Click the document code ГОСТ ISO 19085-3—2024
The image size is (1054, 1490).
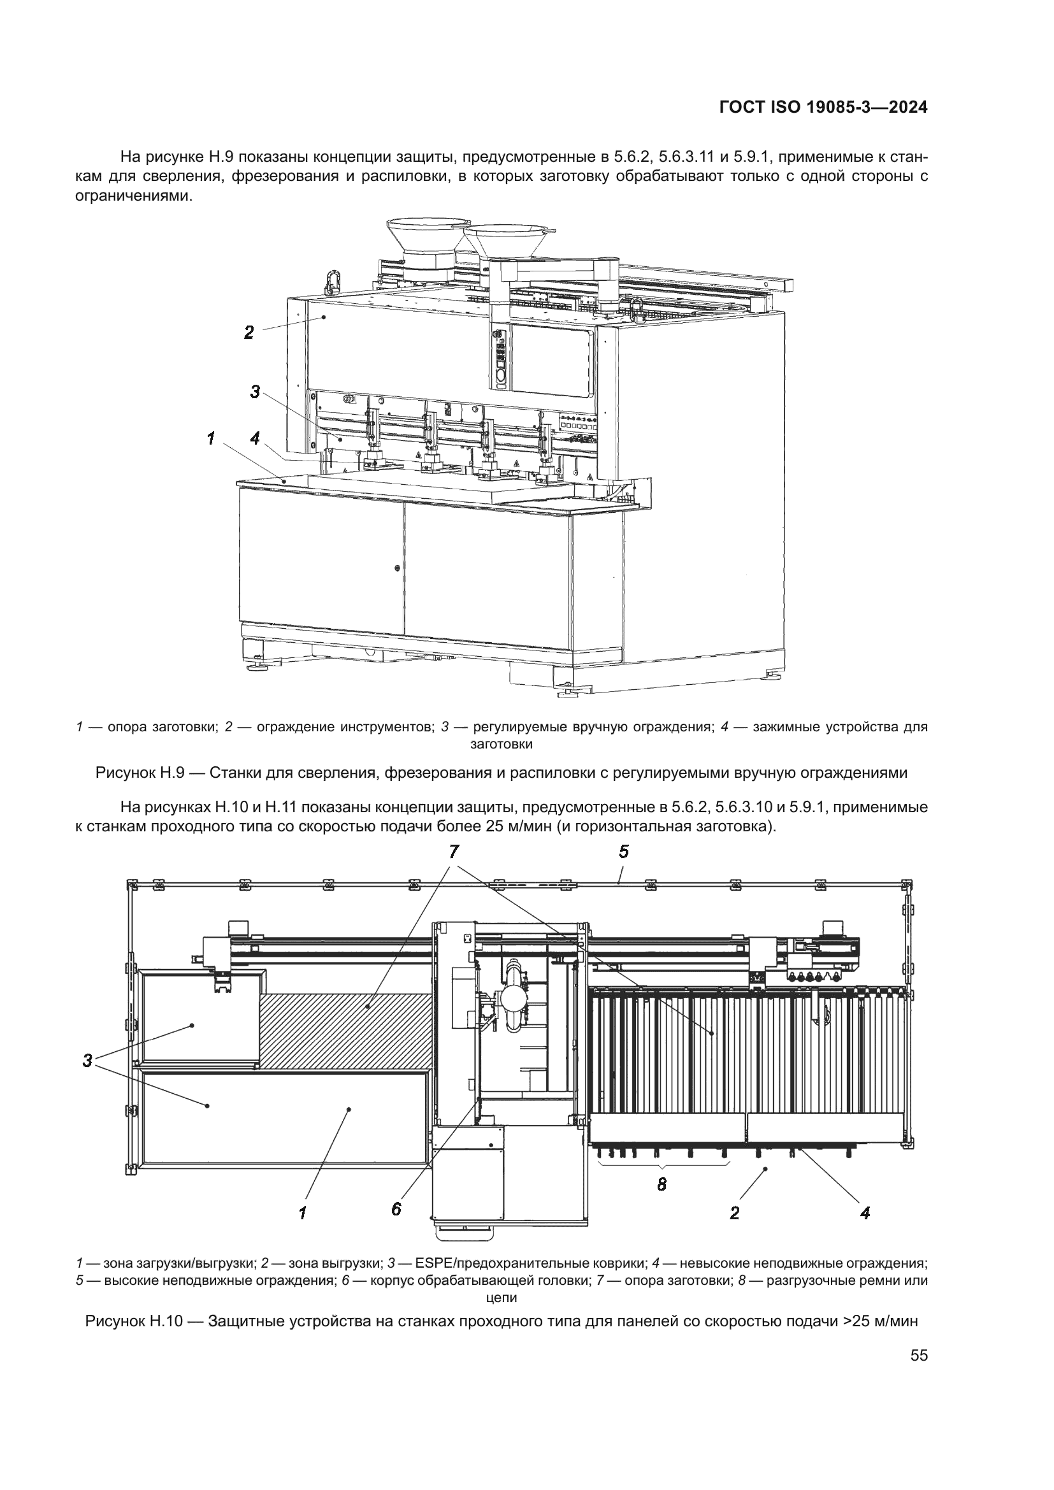[823, 108]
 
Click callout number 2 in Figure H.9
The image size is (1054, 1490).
[249, 333]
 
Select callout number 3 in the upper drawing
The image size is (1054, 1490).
[255, 392]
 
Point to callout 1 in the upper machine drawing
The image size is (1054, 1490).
[211, 440]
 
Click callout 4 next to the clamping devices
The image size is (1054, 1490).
[255, 440]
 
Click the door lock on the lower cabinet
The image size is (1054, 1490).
[397, 568]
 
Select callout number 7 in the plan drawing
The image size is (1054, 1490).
[454, 852]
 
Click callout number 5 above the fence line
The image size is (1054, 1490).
[624, 852]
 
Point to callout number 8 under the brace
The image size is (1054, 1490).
[661, 1185]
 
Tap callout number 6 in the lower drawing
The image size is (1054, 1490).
[396, 1209]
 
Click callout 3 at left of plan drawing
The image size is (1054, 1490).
[87, 1062]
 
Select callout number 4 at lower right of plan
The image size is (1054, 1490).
[865, 1212]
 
